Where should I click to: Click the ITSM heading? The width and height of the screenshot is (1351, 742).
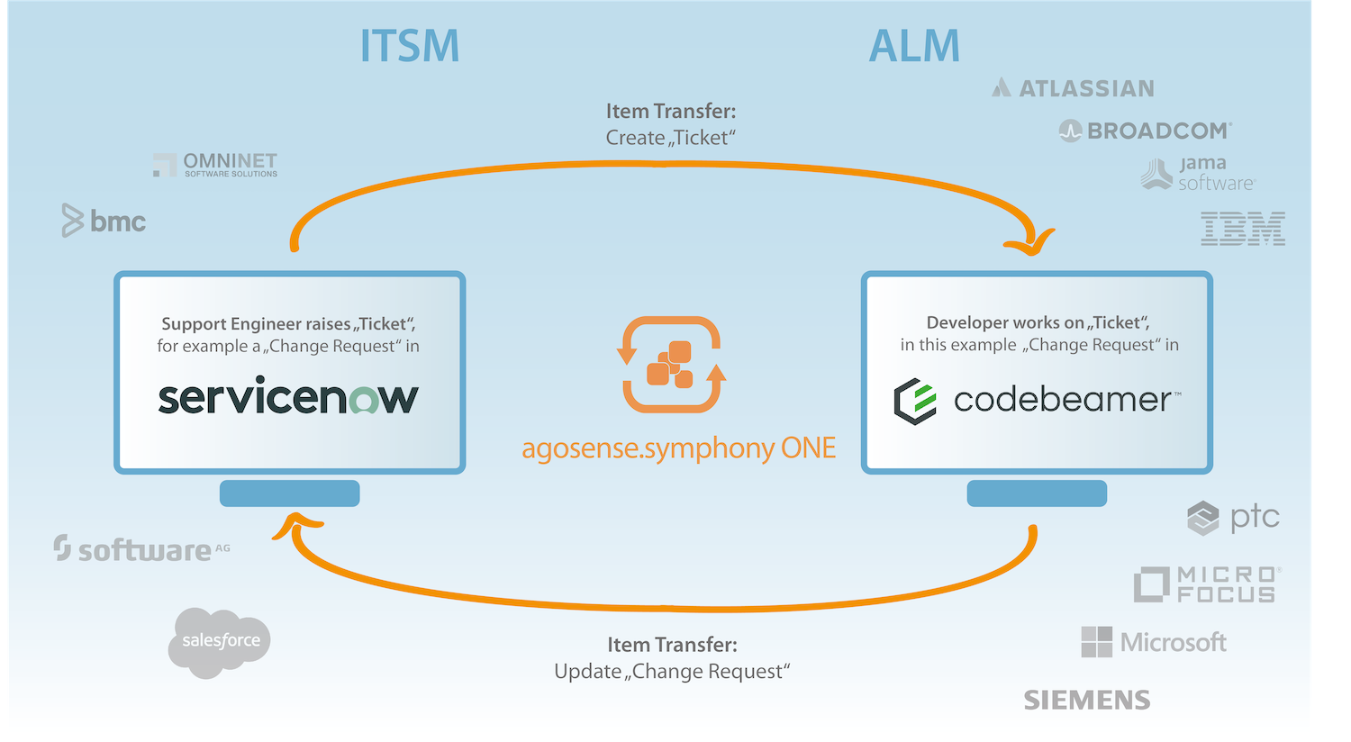[410, 46]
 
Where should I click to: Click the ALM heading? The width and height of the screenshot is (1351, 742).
[914, 46]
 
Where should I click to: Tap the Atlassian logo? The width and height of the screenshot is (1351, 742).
[1073, 88]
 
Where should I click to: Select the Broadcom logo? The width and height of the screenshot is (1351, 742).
[1145, 131]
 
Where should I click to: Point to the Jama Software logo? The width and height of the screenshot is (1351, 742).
[1198, 174]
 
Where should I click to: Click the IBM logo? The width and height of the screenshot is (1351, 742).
[1243, 229]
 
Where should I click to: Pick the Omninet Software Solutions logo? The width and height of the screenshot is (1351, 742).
[215, 165]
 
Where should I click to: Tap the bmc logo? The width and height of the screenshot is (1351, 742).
[104, 221]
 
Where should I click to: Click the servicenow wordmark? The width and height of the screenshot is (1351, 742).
[288, 397]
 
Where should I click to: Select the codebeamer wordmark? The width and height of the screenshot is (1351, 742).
[1037, 400]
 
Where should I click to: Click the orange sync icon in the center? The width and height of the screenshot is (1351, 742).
[671, 364]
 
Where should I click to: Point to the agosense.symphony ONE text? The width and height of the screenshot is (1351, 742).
[679, 448]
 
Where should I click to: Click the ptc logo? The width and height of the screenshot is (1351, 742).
[1233, 518]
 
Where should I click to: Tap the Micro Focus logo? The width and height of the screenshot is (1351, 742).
[1207, 584]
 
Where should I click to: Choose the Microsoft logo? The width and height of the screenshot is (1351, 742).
[1154, 642]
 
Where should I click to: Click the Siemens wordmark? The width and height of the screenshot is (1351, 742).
[1087, 700]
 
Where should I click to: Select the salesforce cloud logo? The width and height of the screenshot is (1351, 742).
[220, 641]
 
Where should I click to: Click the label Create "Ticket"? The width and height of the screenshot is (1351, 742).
[671, 138]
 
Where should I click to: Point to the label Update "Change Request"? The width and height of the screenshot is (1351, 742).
[672, 672]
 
